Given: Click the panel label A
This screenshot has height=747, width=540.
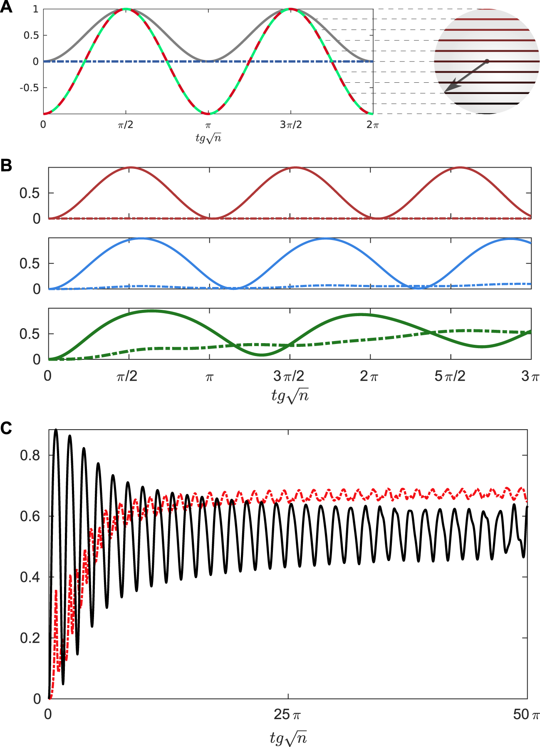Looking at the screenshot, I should point(6,7).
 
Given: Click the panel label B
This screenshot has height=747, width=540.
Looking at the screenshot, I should point(6,165).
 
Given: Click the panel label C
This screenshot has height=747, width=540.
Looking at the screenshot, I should point(6,428).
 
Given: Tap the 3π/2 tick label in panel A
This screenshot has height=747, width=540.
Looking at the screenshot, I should point(291,125).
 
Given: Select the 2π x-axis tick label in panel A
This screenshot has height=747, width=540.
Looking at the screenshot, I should point(373,125).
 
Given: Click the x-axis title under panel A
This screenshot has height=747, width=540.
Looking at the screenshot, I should point(208,138).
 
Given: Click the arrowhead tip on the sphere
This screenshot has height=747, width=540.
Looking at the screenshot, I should point(446,92).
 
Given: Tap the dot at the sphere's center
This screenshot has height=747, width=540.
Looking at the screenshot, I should point(487,61).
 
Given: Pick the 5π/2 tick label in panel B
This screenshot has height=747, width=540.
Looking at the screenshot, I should point(450,376).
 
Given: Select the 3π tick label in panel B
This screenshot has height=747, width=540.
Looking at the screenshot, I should point(530,376).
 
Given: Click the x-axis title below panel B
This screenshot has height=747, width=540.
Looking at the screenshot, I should point(290,395).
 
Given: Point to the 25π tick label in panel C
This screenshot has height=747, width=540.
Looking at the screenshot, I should point(287,715).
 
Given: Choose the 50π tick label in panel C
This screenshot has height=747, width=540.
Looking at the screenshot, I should point(526,715).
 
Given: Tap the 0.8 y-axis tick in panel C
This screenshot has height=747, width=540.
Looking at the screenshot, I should point(30,455).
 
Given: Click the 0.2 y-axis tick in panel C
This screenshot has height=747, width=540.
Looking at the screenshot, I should point(30,638).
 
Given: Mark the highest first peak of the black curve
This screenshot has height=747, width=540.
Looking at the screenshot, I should point(56,430).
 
